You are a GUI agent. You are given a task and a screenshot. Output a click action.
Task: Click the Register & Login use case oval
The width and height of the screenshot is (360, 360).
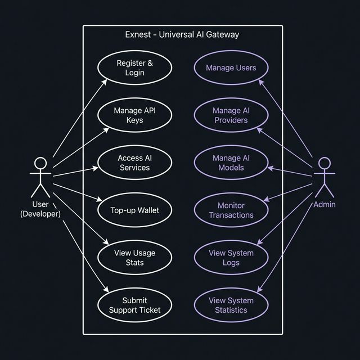coord(134,68)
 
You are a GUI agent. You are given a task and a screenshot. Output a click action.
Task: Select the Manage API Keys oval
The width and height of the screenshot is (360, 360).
coord(134,115)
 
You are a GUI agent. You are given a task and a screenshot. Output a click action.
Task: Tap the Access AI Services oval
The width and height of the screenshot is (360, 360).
coord(134,163)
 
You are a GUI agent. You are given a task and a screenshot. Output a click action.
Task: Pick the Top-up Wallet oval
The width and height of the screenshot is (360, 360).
coord(134,210)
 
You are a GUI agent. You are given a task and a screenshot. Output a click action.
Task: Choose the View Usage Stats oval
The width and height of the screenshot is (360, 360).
coord(134,258)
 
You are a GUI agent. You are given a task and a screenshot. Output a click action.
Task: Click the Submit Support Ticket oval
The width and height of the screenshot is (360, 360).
coord(134,305)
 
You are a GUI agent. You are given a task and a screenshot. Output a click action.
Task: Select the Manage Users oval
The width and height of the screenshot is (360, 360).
coord(231,68)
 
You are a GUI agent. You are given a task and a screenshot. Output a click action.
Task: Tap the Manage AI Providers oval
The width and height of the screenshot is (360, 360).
coord(231,115)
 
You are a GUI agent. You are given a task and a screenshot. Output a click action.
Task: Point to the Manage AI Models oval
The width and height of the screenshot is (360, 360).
coord(231,163)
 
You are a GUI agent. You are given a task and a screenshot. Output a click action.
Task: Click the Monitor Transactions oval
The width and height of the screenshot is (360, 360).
coord(231,210)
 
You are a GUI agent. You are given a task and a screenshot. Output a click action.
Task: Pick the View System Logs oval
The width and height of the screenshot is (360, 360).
coord(231,258)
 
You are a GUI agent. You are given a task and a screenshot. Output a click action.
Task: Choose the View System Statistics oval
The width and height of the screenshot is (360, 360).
coord(231,305)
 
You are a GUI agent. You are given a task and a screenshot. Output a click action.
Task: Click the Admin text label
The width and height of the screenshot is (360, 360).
coord(325,204)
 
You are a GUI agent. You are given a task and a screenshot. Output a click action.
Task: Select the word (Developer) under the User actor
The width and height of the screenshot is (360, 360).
coord(40,214)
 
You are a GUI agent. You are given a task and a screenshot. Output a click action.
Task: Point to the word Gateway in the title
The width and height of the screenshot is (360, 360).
coord(223,35)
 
